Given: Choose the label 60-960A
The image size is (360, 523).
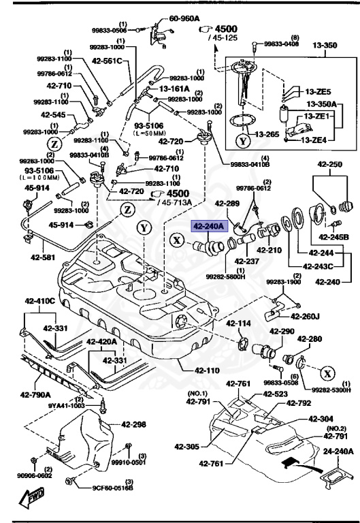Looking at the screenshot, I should pos(184,19).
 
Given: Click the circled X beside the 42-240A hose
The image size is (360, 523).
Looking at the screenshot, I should pos(176,239).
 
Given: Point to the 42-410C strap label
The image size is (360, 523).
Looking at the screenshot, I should pos(42,300).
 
